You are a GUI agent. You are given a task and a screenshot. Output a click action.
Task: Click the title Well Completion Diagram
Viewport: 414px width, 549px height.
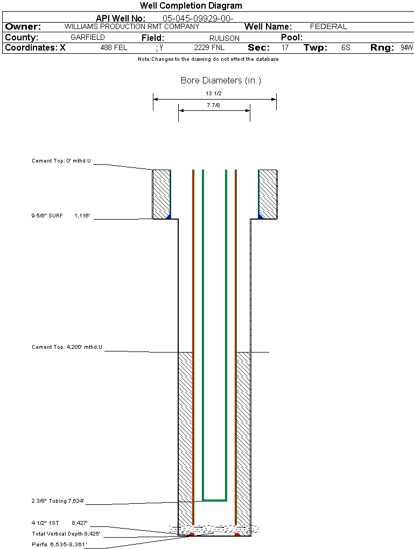pyautogui.click(x=191, y=6)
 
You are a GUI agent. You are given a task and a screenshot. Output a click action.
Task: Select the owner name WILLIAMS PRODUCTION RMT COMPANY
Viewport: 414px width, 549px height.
pyautogui.click(x=131, y=26)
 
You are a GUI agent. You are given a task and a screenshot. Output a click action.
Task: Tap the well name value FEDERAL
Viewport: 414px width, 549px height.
pyautogui.click(x=328, y=26)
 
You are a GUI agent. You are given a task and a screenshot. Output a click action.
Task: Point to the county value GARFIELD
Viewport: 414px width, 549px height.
pyautogui.click(x=88, y=38)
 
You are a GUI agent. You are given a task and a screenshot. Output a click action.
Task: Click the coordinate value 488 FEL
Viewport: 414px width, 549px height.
pyautogui.click(x=114, y=48)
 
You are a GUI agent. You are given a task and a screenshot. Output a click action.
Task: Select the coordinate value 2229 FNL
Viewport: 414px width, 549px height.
pyautogui.click(x=209, y=48)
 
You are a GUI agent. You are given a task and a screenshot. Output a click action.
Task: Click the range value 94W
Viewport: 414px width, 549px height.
pyautogui.click(x=406, y=48)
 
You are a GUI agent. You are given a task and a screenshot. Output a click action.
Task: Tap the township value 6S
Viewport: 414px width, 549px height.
pyautogui.click(x=346, y=48)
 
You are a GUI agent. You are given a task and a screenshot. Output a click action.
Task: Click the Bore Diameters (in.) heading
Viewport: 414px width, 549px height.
pyautogui.click(x=221, y=81)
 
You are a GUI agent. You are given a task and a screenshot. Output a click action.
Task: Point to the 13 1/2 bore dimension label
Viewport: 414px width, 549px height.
pyautogui.click(x=214, y=93)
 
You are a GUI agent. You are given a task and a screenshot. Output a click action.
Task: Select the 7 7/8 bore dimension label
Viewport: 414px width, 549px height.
pyautogui.click(x=214, y=105)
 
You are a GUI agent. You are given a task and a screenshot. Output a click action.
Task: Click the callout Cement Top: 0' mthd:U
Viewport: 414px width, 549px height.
pyautogui.click(x=61, y=161)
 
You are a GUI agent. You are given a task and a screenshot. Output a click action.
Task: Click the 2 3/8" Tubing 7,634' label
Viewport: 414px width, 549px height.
pyautogui.click(x=58, y=501)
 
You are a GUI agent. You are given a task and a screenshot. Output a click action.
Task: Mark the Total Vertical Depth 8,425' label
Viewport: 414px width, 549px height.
pyautogui.click(x=66, y=534)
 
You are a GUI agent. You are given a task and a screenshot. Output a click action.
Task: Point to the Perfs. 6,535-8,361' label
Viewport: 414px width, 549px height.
pyautogui.click(x=59, y=544)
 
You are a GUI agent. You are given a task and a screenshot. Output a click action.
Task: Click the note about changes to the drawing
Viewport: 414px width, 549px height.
pyautogui.click(x=208, y=59)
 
